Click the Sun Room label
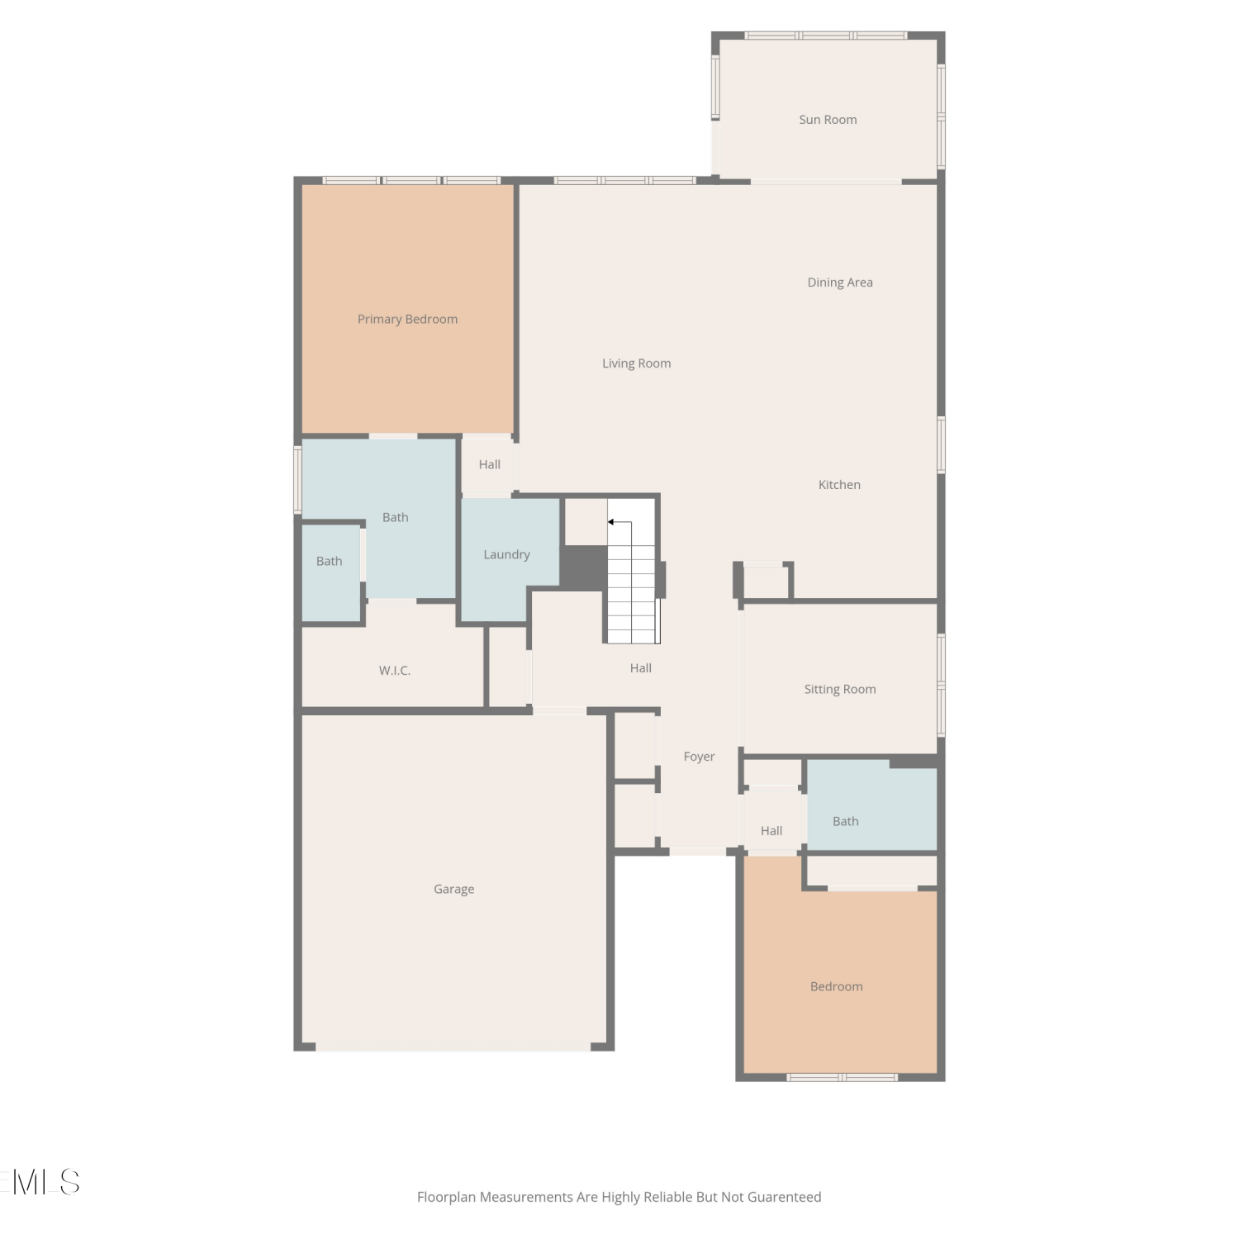click(x=828, y=120)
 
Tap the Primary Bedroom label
click(x=407, y=320)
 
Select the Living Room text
click(x=636, y=363)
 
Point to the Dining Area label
click(x=840, y=282)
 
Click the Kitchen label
click(x=839, y=485)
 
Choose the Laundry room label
click(x=506, y=555)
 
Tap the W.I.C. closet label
click(x=395, y=671)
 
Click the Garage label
click(x=453, y=890)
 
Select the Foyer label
click(x=699, y=757)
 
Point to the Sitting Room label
click(x=840, y=690)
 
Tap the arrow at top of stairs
click(x=619, y=523)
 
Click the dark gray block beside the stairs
click(x=584, y=567)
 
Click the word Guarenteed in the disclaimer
click(x=784, y=1198)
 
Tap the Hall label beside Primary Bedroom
click(x=489, y=465)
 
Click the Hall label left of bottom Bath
click(x=771, y=831)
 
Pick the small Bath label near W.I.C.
click(x=329, y=562)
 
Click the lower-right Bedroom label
click(x=836, y=987)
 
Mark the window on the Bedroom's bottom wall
click(x=842, y=1077)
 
